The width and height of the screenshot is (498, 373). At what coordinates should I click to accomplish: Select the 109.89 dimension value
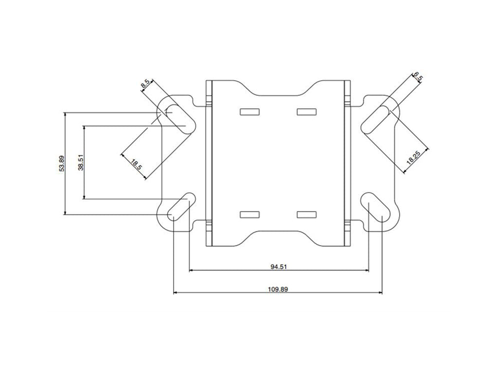point(278,289)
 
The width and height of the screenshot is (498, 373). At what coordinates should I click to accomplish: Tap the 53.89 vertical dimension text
point(61,164)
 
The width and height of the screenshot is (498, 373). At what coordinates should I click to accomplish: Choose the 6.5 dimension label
point(417,78)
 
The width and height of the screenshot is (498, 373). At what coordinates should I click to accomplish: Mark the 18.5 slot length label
point(137,164)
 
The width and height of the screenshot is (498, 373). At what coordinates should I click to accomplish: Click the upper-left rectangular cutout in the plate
point(249,112)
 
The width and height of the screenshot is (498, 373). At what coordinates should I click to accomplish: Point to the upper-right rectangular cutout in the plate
point(306,112)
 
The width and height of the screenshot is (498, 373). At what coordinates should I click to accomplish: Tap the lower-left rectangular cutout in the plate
point(249,214)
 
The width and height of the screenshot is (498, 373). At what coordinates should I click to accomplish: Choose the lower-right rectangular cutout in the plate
point(306,214)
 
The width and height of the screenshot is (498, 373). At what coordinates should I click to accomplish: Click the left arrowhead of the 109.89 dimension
point(176,293)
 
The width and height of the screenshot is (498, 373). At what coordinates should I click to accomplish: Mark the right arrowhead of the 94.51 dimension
point(366,270)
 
